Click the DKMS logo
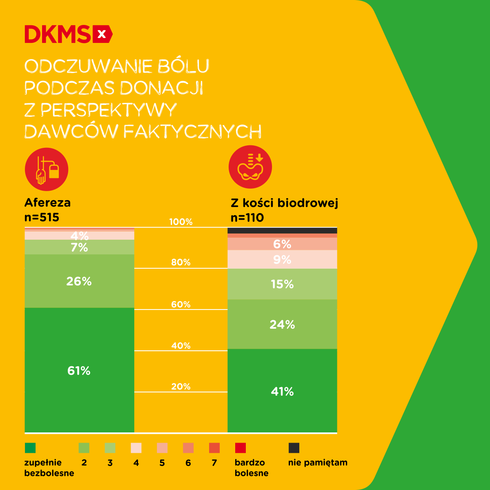68,34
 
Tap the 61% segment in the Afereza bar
79,370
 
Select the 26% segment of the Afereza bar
79,281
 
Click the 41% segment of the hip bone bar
282,391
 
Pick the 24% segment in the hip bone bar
282,324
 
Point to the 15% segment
282,284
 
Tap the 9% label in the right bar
282,260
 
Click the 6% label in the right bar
282,244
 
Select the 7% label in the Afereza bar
79,247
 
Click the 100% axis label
181,222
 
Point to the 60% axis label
181,304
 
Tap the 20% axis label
181,386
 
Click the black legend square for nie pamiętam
294,448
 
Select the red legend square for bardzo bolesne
241,448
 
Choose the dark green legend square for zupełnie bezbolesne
30,448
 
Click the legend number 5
162,463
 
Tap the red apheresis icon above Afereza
46,169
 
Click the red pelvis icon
250,167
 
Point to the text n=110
247,218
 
